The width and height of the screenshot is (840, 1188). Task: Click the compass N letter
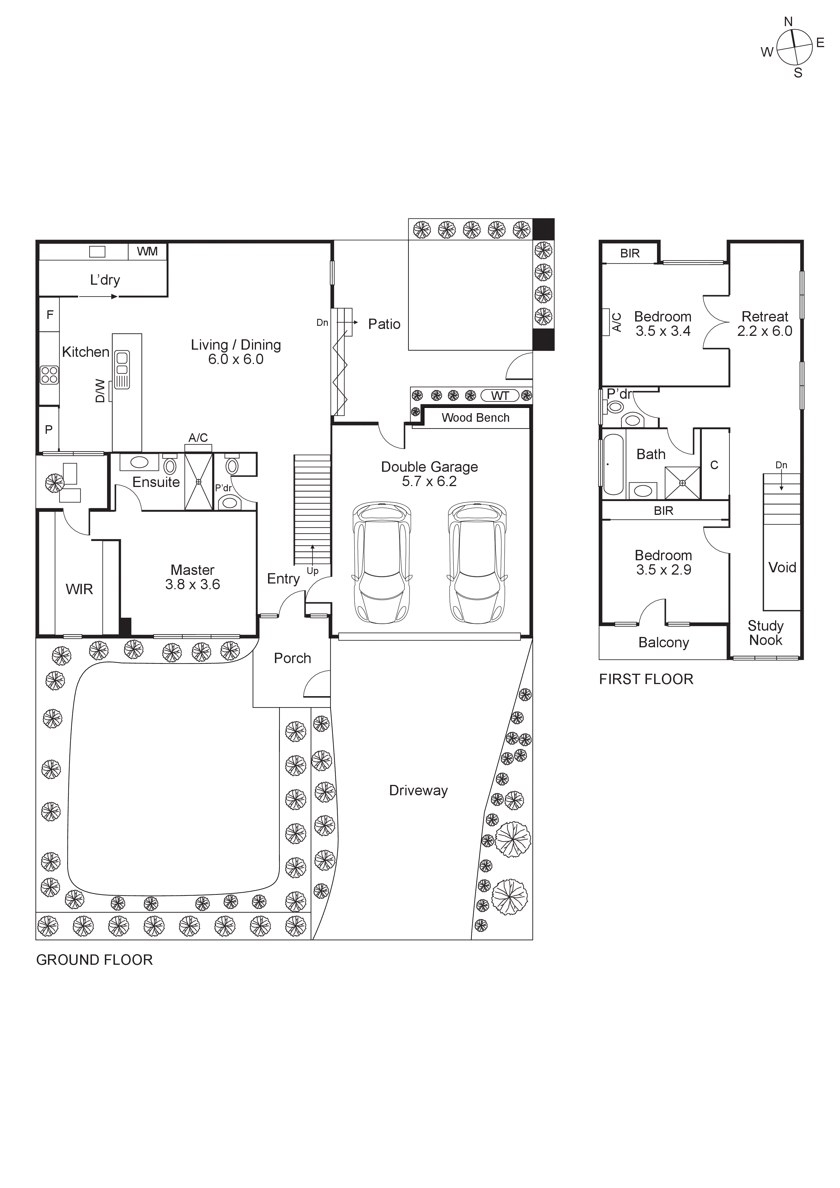coord(788,22)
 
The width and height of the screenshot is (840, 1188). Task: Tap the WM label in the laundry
coord(147,251)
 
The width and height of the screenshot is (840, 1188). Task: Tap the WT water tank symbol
coord(500,396)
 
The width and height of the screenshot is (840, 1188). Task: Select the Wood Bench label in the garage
coord(475,417)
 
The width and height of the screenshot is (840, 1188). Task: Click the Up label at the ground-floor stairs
coord(312,571)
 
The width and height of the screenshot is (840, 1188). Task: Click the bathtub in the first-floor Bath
coord(613,464)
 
